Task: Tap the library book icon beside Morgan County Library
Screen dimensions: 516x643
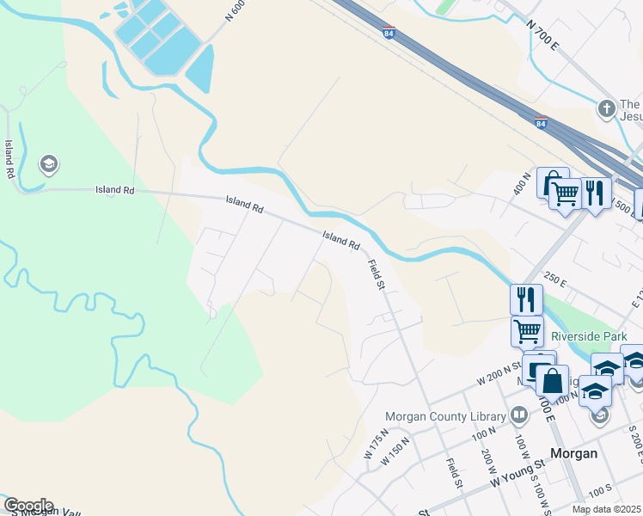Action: (x=518, y=416)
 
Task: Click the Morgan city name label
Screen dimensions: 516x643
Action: (x=573, y=453)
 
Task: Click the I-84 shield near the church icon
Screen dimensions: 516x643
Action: (x=541, y=123)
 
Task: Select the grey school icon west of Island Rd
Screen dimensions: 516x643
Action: (x=49, y=163)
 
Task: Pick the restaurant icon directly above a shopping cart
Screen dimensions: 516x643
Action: (x=526, y=299)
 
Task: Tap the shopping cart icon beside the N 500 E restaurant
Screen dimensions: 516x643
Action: (x=565, y=194)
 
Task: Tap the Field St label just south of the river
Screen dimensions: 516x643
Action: (x=375, y=274)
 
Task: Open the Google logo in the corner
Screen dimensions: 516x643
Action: (x=28, y=506)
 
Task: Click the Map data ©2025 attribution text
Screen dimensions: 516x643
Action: (x=605, y=509)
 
